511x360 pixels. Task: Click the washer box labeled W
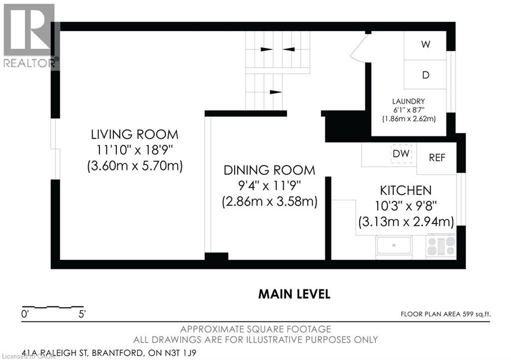[425, 45]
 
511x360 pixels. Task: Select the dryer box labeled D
[425, 74]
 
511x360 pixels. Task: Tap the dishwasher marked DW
[401, 153]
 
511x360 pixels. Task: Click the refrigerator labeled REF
[437, 158]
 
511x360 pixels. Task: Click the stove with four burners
[441, 246]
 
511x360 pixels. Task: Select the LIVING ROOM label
[135, 135]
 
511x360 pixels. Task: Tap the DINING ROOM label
[269, 170]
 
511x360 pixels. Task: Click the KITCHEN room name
[406, 190]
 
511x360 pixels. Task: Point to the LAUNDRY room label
[408, 101]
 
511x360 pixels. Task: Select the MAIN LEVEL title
[294, 294]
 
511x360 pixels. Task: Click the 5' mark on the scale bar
[82, 314]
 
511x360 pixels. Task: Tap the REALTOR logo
[29, 36]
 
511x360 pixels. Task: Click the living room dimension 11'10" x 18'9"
[135, 150]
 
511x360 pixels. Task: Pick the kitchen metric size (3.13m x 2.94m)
[406, 222]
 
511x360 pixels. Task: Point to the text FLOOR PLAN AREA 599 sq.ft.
[446, 314]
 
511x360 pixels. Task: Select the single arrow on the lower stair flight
[275, 92]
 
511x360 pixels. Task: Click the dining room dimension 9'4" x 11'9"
[269, 186]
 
